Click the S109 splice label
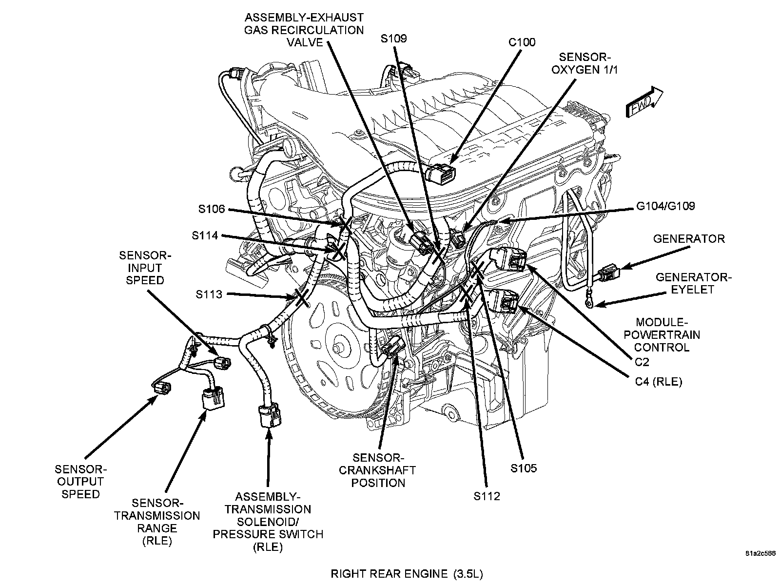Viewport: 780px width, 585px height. [x=393, y=39]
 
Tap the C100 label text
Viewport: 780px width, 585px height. [x=522, y=42]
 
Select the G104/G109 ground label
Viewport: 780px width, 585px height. [x=665, y=206]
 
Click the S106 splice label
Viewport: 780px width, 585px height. [x=212, y=210]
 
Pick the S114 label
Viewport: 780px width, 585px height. [x=205, y=236]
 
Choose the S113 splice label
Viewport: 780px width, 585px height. [x=209, y=294]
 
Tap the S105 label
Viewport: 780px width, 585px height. [x=524, y=468]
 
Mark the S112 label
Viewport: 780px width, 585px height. [x=487, y=496]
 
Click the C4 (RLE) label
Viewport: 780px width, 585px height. [x=658, y=382]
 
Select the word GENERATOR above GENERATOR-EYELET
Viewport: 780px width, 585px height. [x=689, y=239]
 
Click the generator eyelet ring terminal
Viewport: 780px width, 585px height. [x=590, y=304]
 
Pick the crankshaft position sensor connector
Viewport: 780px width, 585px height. [x=393, y=349]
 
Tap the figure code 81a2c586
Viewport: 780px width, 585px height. [x=760, y=554]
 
